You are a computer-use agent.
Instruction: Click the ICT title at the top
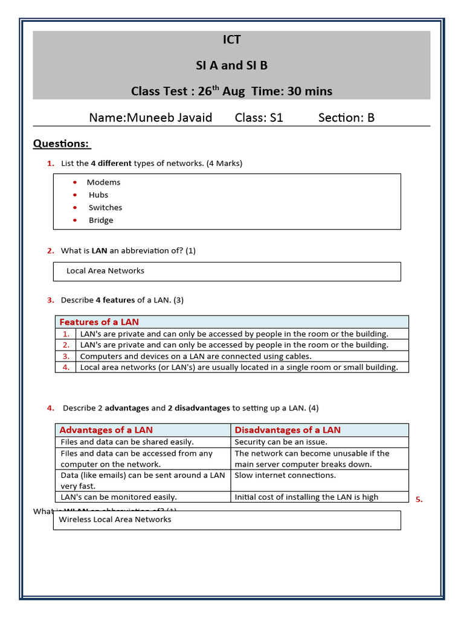[231, 40]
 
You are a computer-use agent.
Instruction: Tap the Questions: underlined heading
[61, 144]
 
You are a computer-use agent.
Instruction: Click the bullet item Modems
[103, 182]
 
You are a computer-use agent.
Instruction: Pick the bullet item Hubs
[98, 195]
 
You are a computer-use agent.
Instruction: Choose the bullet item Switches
[105, 208]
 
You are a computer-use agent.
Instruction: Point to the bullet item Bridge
[100, 220]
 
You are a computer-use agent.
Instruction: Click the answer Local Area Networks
[105, 271]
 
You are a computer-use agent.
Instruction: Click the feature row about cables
[196, 356]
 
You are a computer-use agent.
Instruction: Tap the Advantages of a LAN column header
[106, 430]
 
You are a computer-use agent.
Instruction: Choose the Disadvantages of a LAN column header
[287, 430]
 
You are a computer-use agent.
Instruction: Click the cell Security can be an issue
[280, 442]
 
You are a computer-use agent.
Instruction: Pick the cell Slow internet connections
[285, 475]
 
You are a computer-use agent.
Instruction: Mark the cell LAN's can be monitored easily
[118, 497]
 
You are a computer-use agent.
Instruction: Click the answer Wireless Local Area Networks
[115, 520]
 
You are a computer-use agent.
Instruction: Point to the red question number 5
[419, 499]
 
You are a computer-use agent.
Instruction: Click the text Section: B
[346, 118]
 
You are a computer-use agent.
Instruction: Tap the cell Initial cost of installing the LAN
[306, 497]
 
